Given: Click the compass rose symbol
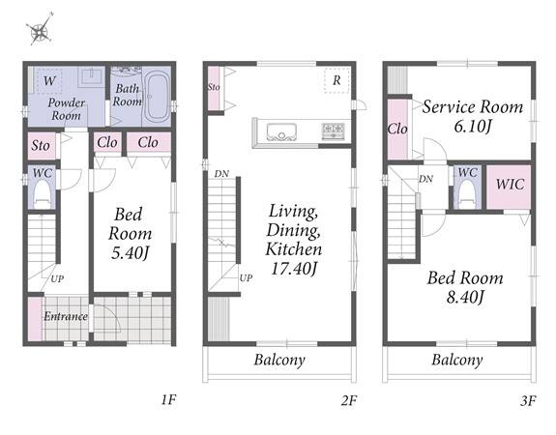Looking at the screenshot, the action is point(40,29).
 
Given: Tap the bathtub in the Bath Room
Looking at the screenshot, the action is point(158,96).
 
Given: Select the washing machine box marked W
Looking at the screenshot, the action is point(49,80).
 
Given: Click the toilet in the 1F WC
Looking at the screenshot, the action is point(43,194).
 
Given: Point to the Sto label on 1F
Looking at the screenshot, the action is point(40,145).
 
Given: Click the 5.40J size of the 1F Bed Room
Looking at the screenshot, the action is point(130,252).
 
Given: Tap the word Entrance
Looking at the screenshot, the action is point(66,316).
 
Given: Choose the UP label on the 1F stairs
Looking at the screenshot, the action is point(57,278).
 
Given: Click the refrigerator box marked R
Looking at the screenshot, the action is point(337,80).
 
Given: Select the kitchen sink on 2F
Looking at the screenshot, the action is point(281,131).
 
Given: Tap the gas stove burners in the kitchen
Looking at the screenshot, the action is point(333,130).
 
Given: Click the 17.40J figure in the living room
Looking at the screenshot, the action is point(293,269).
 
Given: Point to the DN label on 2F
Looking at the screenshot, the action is point(221,174).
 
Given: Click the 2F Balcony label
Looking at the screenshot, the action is point(279,360).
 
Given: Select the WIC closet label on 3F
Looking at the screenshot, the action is point(510,185).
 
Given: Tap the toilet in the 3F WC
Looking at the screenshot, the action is point(467,194).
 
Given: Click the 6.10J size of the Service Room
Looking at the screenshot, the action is point(473,126).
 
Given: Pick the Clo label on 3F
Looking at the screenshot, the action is point(397,129).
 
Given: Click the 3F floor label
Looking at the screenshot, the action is point(528,400).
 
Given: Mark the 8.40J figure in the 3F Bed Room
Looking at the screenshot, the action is point(465,297).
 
